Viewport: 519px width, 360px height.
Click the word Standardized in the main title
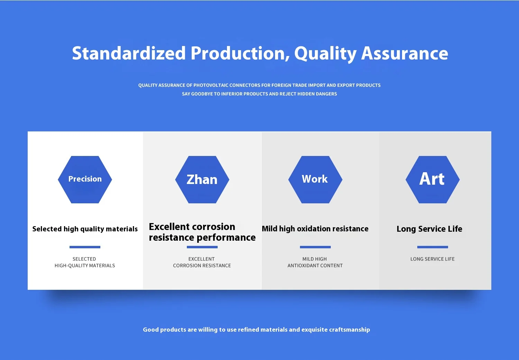click(129, 53)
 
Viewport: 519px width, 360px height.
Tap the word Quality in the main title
click(326, 54)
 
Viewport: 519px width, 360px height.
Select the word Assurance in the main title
click(404, 53)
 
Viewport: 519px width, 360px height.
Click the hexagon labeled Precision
click(85, 179)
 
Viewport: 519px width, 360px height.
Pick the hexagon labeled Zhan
click(202, 179)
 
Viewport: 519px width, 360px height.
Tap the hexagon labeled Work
click(315, 179)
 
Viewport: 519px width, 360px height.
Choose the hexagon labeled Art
click(432, 179)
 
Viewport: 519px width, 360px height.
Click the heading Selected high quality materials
click(85, 229)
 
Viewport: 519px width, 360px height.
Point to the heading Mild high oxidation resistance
click(315, 229)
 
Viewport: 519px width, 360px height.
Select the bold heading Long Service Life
click(429, 229)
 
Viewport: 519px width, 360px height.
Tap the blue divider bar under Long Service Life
click(432, 247)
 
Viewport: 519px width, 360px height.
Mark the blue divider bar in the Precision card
click(85, 247)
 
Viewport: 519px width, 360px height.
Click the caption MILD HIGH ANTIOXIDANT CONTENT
click(315, 262)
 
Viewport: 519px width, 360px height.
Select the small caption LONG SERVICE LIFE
click(432, 259)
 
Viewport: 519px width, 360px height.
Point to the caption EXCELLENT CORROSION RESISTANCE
click(202, 262)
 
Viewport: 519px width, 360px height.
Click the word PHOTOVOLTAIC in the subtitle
click(211, 85)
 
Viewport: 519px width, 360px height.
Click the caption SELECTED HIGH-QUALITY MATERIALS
click(84, 262)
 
